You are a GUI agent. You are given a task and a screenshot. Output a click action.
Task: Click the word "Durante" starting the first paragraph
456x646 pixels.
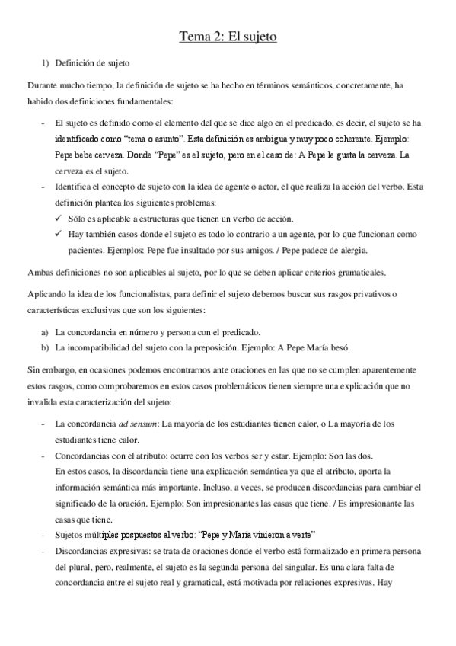pyautogui.click(x=43, y=86)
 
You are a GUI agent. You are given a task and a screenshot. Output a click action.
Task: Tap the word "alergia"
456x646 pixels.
pyautogui.click(x=352, y=250)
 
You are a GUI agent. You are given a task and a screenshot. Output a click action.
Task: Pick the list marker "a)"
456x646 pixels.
pyautogui.click(x=46, y=333)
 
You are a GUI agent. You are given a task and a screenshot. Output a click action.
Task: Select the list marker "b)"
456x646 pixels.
pyautogui.click(x=46, y=348)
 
